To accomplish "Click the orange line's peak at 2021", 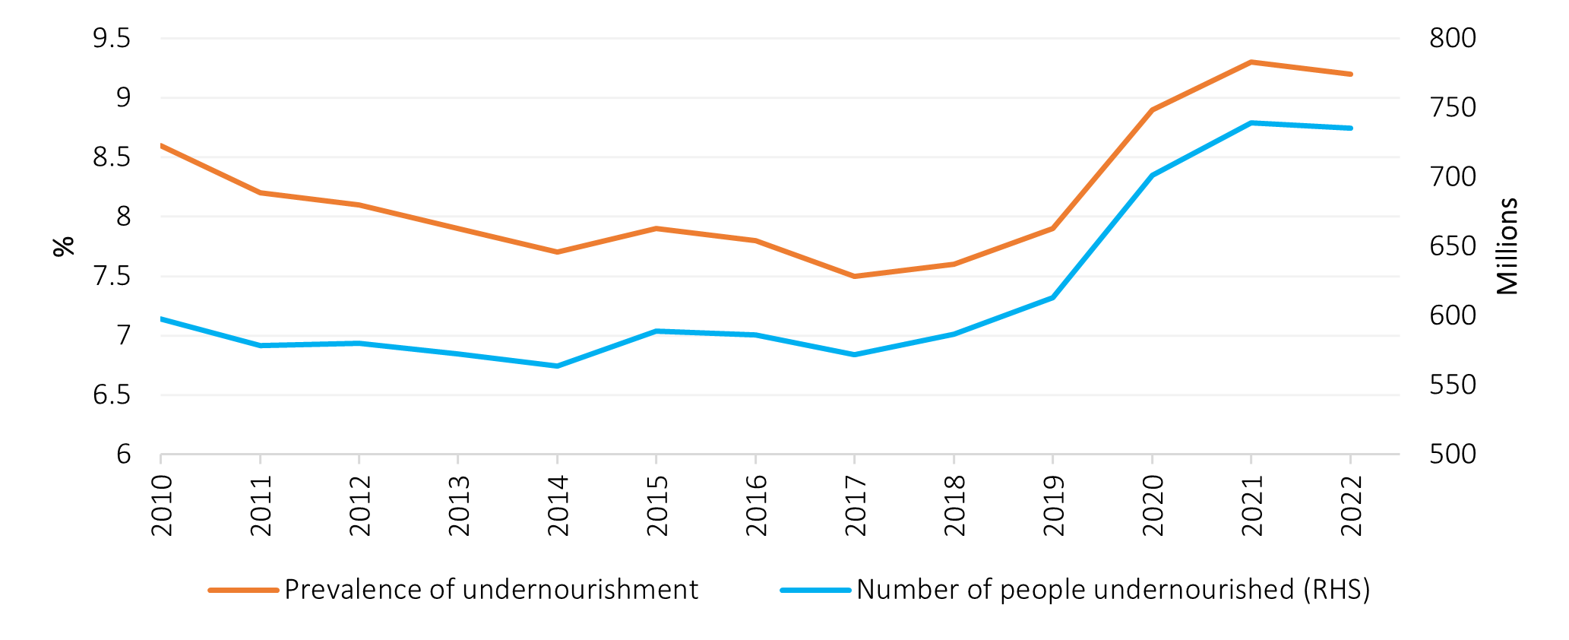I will (x=1251, y=62).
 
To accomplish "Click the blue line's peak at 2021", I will (x=1251, y=122).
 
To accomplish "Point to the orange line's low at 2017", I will (x=854, y=276).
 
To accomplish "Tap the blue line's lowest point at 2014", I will (x=557, y=366).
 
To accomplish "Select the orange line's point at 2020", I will (x=1152, y=110).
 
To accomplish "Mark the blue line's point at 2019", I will (x=1052, y=297).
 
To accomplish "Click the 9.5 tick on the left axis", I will (x=112, y=38).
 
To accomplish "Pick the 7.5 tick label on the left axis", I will (x=112, y=276).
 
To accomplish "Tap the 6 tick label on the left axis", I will (x=124, y=455).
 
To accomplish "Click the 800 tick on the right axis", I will (x=1452, y=38).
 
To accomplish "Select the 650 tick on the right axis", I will (x=1452, y=246).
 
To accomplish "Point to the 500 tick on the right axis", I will (x=1452, y=455).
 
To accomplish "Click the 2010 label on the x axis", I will (x=162, y=505).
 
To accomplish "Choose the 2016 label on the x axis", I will (x=756, y=505).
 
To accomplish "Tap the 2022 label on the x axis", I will (x=1351, y=505).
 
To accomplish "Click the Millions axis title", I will (x=1507, y=246).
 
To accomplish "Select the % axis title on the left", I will (x=65, y=246).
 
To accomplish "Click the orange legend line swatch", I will (x=243, y=590).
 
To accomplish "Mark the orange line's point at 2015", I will (x=656, y=228).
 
